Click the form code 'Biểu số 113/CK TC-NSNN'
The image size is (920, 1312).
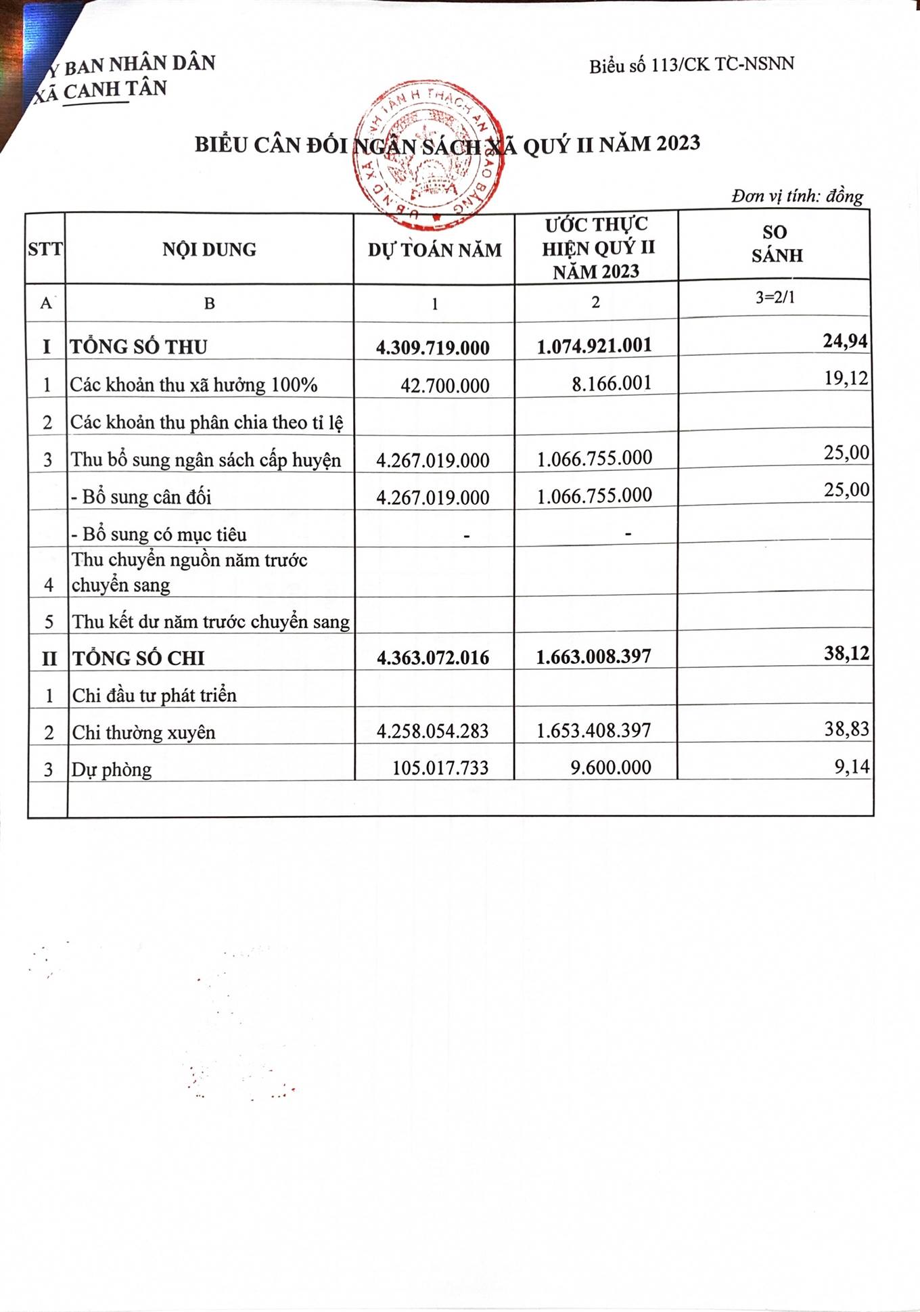coord(691,65)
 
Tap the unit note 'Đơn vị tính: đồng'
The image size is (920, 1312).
coord(797,196)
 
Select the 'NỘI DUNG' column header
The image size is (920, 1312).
coord(209,250)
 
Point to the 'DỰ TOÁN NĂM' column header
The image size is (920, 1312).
coord(434,250)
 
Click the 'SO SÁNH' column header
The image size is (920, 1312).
coord(776,244)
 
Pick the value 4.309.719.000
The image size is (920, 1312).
coord(432,348)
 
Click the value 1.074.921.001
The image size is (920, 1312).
coord(594,346)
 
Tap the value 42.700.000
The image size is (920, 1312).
coord(444,386)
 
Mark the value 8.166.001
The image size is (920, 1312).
coord(611,384)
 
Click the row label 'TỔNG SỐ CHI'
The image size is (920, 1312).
coord(139,658)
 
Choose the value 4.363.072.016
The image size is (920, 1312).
coord(432,658)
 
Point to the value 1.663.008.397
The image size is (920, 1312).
coord(593,656)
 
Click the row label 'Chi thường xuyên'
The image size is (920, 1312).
coord(143,733)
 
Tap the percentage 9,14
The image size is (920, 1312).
coord(852,767)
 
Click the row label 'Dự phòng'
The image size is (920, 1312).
coord(112,770)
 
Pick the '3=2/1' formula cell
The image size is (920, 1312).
coord(775,298)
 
